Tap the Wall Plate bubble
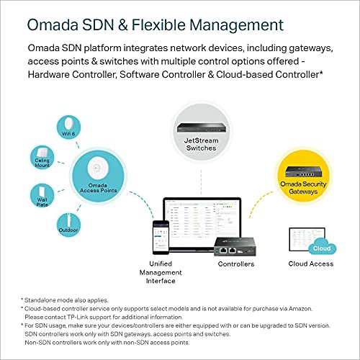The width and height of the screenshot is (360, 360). click(40, 194)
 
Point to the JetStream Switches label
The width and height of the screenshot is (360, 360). click(195, 145)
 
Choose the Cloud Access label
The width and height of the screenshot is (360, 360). click(310, 264)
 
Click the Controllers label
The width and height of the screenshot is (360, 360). click(236, 264)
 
